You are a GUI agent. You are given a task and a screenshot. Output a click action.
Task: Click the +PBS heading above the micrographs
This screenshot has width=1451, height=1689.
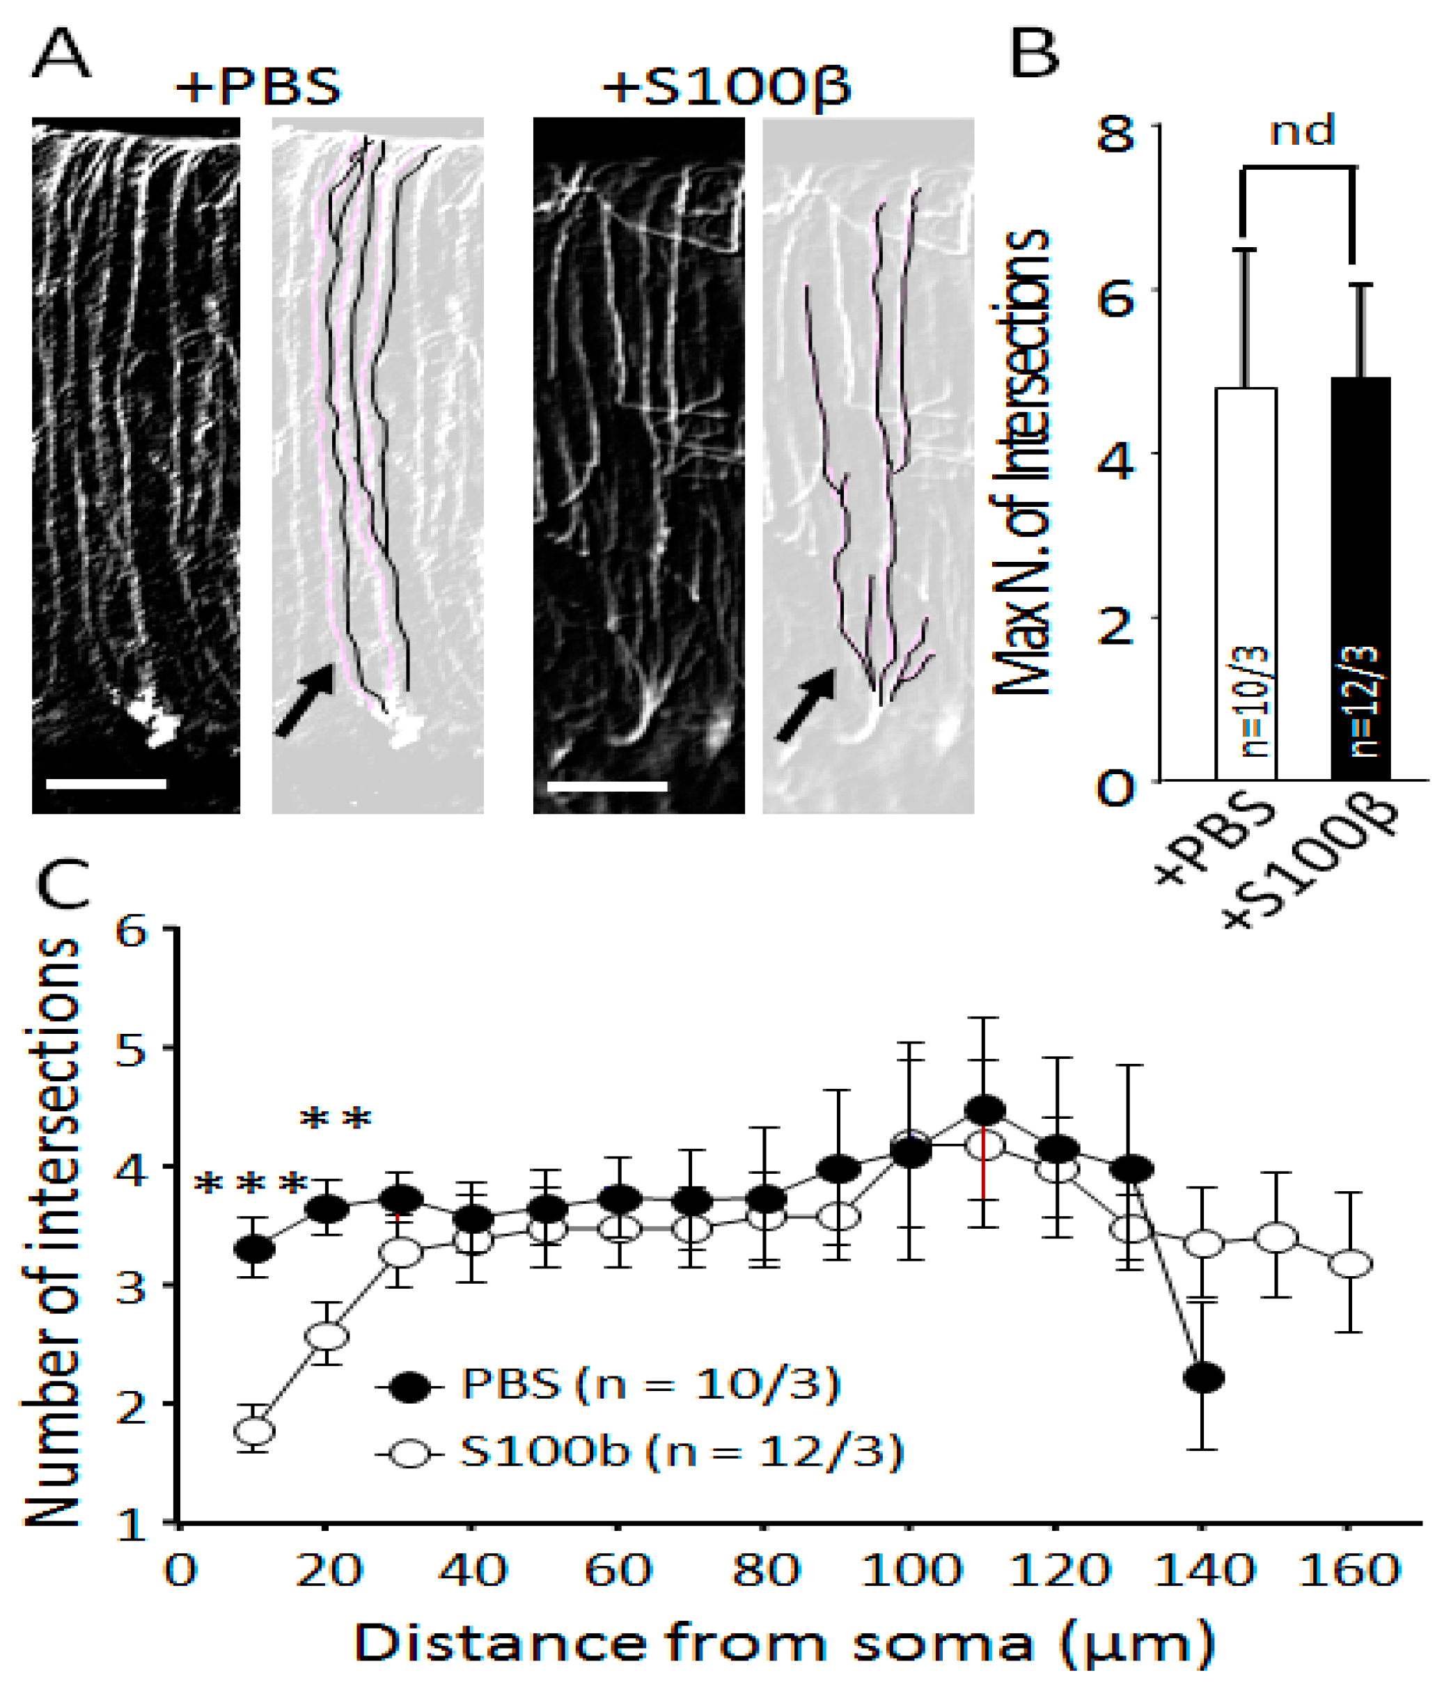[x=258, y=86]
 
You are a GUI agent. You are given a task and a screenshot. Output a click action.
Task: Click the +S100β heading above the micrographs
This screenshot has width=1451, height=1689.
[x=726, y=86]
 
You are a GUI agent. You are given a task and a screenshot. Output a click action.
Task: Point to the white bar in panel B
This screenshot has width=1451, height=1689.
[x=1246, y=583]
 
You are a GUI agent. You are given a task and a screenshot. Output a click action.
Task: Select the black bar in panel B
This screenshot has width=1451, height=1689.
[x=1360, y=578]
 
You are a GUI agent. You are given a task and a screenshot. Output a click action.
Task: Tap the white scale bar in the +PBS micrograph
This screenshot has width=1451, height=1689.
[x=106, y=784]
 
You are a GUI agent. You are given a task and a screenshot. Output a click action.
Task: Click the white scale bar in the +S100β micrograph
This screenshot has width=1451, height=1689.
[x=607, y=787]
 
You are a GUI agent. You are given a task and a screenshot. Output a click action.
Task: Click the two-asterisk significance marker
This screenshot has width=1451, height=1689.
[x=336, y=1118]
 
